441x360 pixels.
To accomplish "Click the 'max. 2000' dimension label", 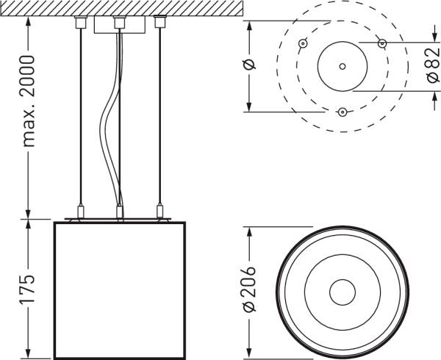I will tap(28, 100).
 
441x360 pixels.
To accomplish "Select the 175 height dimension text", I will tap(28, 291).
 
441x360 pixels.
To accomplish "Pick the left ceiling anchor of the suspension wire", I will tap(80, 23).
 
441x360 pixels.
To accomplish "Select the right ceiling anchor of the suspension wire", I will tap(158, 23).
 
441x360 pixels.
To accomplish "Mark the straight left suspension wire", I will tap(80, 118).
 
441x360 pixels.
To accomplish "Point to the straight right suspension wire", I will tap(158, 118).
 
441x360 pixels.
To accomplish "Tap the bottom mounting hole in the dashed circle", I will tap(342, 112).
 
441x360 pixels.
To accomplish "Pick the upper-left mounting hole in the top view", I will tap(302, 43).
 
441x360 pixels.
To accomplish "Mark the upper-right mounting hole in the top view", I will tap(381, 43).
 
